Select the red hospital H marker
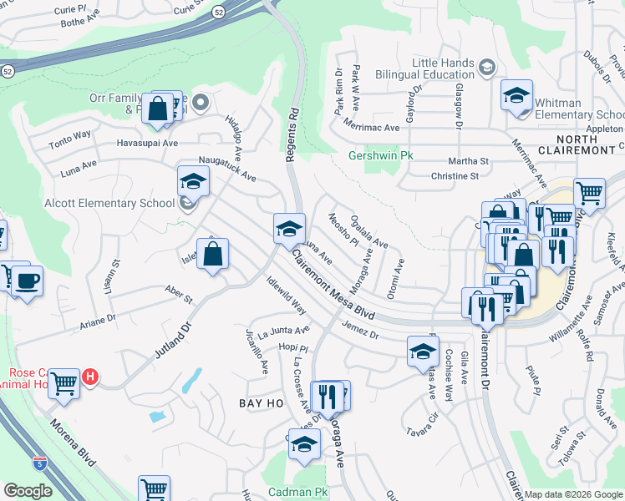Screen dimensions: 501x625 point(90,377)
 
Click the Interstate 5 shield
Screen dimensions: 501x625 point(40,461)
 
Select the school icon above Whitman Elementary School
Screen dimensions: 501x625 point(516,94)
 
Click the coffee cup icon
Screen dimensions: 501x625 point(28,280)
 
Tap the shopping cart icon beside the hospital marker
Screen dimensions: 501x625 point(64,384)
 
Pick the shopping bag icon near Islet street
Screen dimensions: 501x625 point(212,253)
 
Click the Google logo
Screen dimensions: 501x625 point(28,491)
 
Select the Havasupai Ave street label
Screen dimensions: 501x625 point(147,143)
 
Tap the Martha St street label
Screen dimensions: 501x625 point(472,160)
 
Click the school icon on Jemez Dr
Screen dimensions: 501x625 point(423,352)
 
